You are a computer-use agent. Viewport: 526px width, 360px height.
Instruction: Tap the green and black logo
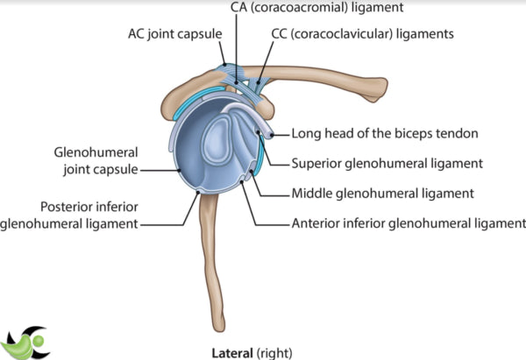point(26,342)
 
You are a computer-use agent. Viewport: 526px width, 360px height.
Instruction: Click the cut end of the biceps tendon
point(274,135)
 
